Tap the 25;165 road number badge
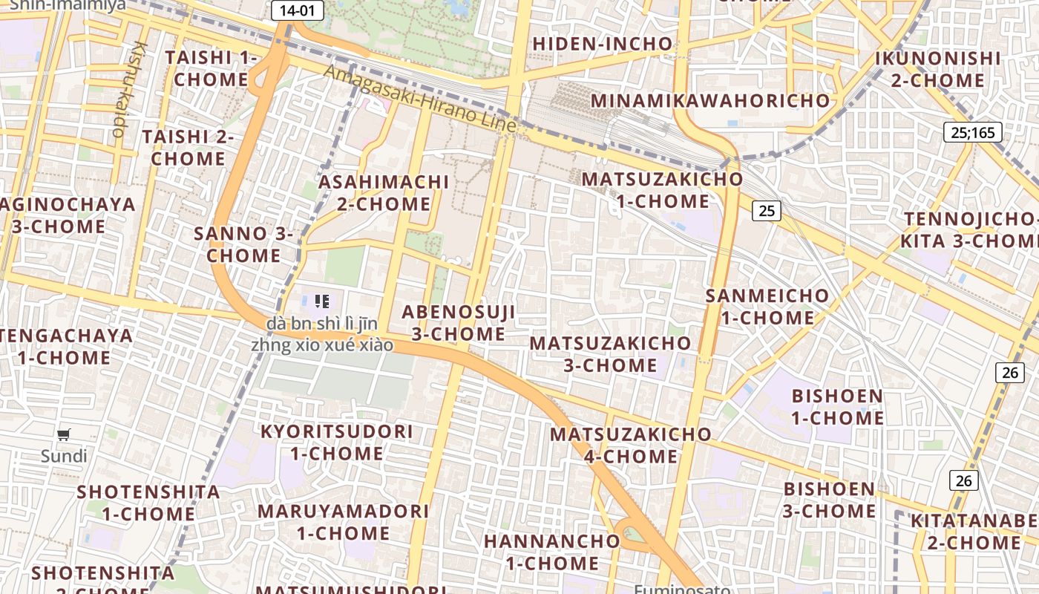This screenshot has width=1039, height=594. [x=972, y=133]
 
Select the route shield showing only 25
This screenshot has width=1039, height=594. [x=767, y=211]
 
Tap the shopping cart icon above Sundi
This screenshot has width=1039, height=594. [x=64, y=435]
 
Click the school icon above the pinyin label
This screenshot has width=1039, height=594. [x=321, y=301]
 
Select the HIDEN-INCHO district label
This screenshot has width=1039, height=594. [x=603, y=44]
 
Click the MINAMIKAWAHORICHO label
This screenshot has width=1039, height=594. [x=710, y=100]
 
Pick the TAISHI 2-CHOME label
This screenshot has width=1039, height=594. [x=188, y=148]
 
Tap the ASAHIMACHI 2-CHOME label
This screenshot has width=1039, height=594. [x=384, y=193]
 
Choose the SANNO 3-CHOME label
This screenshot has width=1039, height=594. [x=243, y=244]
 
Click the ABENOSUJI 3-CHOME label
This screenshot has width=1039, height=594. [x=459, y=323]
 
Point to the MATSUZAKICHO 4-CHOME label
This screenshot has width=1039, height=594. [x=631, y=445]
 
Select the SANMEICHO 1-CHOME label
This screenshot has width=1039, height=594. [x=767, y=307]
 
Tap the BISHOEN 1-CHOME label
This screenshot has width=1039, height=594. [x=837, y=407]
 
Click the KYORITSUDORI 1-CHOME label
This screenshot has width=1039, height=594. [x=337, y=443]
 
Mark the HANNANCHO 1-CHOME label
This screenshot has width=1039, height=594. [x=551, y=552]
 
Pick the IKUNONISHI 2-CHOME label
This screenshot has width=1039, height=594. [x=937, y=69]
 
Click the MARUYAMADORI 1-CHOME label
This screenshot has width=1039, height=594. [x=343, y=522]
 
